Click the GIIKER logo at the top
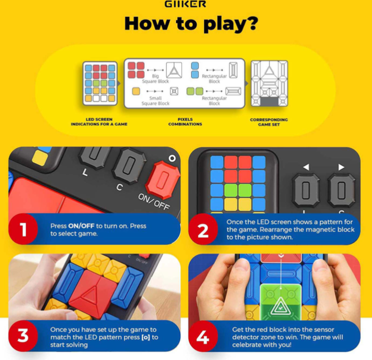click(185, 4)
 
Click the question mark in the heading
click(251, 23)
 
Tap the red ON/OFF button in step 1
click(163, 179)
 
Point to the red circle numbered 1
click(23, 229)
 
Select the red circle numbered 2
click(203, 229)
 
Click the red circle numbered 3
click(23, 336)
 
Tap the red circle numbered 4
click(203, 336)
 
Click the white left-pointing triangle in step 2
click(306, 167)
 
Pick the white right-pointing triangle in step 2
click(341, 167)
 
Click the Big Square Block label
click(155, 79)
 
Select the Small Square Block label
click(155, 101)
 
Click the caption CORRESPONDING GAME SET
click(269, 122)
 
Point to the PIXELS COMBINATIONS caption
click(185, 122)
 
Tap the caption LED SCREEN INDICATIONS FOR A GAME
click(99, 122)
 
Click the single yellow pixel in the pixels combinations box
click(136, 91)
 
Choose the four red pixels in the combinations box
click(136, 70)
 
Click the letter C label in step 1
click(120, 187)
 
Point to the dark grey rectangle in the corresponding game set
click(269, 101)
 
